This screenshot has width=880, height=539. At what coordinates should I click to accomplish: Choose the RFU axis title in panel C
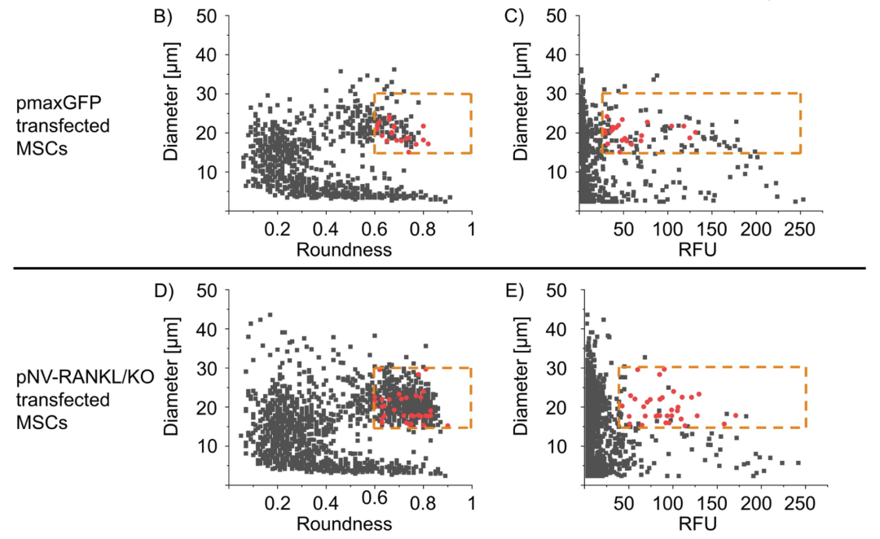coord(697,251)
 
